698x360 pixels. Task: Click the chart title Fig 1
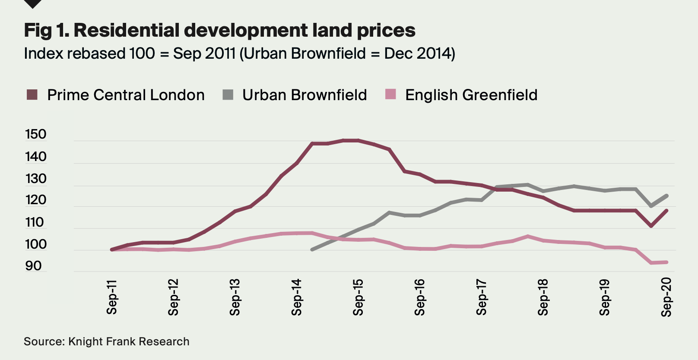click(x=219, y=30)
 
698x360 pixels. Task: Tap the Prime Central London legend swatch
click(x=32, y=95)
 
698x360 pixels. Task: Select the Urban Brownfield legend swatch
click(x=228, y=95)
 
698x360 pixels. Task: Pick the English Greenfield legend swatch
click(x=390, y=95)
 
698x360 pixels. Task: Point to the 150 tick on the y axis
click(x=35, y=134)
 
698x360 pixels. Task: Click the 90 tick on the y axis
click(x=33, y=266)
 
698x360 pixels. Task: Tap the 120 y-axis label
click(x=35, y=200)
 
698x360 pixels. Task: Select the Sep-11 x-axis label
click(x=112, y=297)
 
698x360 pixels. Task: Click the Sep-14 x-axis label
click(x=297, y=297)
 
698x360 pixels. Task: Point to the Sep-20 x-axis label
click(x=666, y=297)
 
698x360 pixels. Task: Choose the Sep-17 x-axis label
click(x=482, y=297)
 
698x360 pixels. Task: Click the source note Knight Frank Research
click(x=106, y=341)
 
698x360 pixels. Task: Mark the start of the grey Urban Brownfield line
click(x=312, y=249)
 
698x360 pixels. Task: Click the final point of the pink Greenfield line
click(x=667, y=262)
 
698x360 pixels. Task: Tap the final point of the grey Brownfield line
click(x=667, y=196)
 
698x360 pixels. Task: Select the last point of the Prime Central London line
click(x=667, y=211)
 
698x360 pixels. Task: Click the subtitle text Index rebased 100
click(x=239, y=54)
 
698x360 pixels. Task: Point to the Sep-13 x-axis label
click(x=235, y=297)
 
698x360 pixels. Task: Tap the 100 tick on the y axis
click(x=35, y=244)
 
